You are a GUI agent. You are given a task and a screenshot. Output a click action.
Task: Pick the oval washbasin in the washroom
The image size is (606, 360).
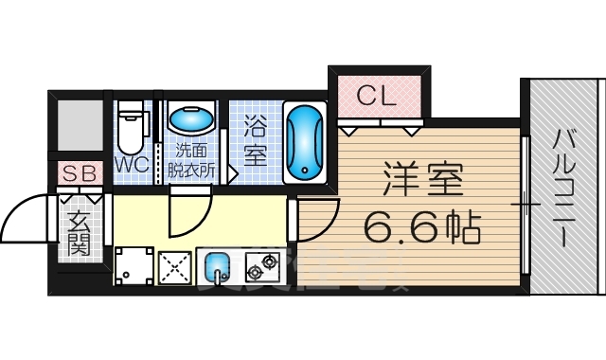click(191, 120)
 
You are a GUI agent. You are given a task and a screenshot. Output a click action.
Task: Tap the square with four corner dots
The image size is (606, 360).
click(134, 265)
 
